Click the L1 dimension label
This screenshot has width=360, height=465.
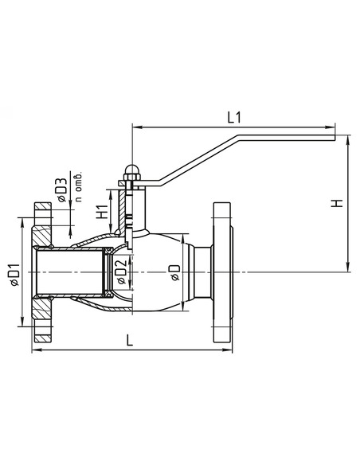[234, 117]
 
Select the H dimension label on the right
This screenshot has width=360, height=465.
[337, 203]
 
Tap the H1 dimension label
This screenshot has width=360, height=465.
[102, 212]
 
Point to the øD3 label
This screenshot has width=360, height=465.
[63, 190]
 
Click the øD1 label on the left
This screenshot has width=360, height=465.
[14, 275]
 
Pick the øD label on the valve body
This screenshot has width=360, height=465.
[174, 272]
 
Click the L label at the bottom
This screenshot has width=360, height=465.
[130, 340]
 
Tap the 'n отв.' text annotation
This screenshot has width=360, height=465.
[78, 187]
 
